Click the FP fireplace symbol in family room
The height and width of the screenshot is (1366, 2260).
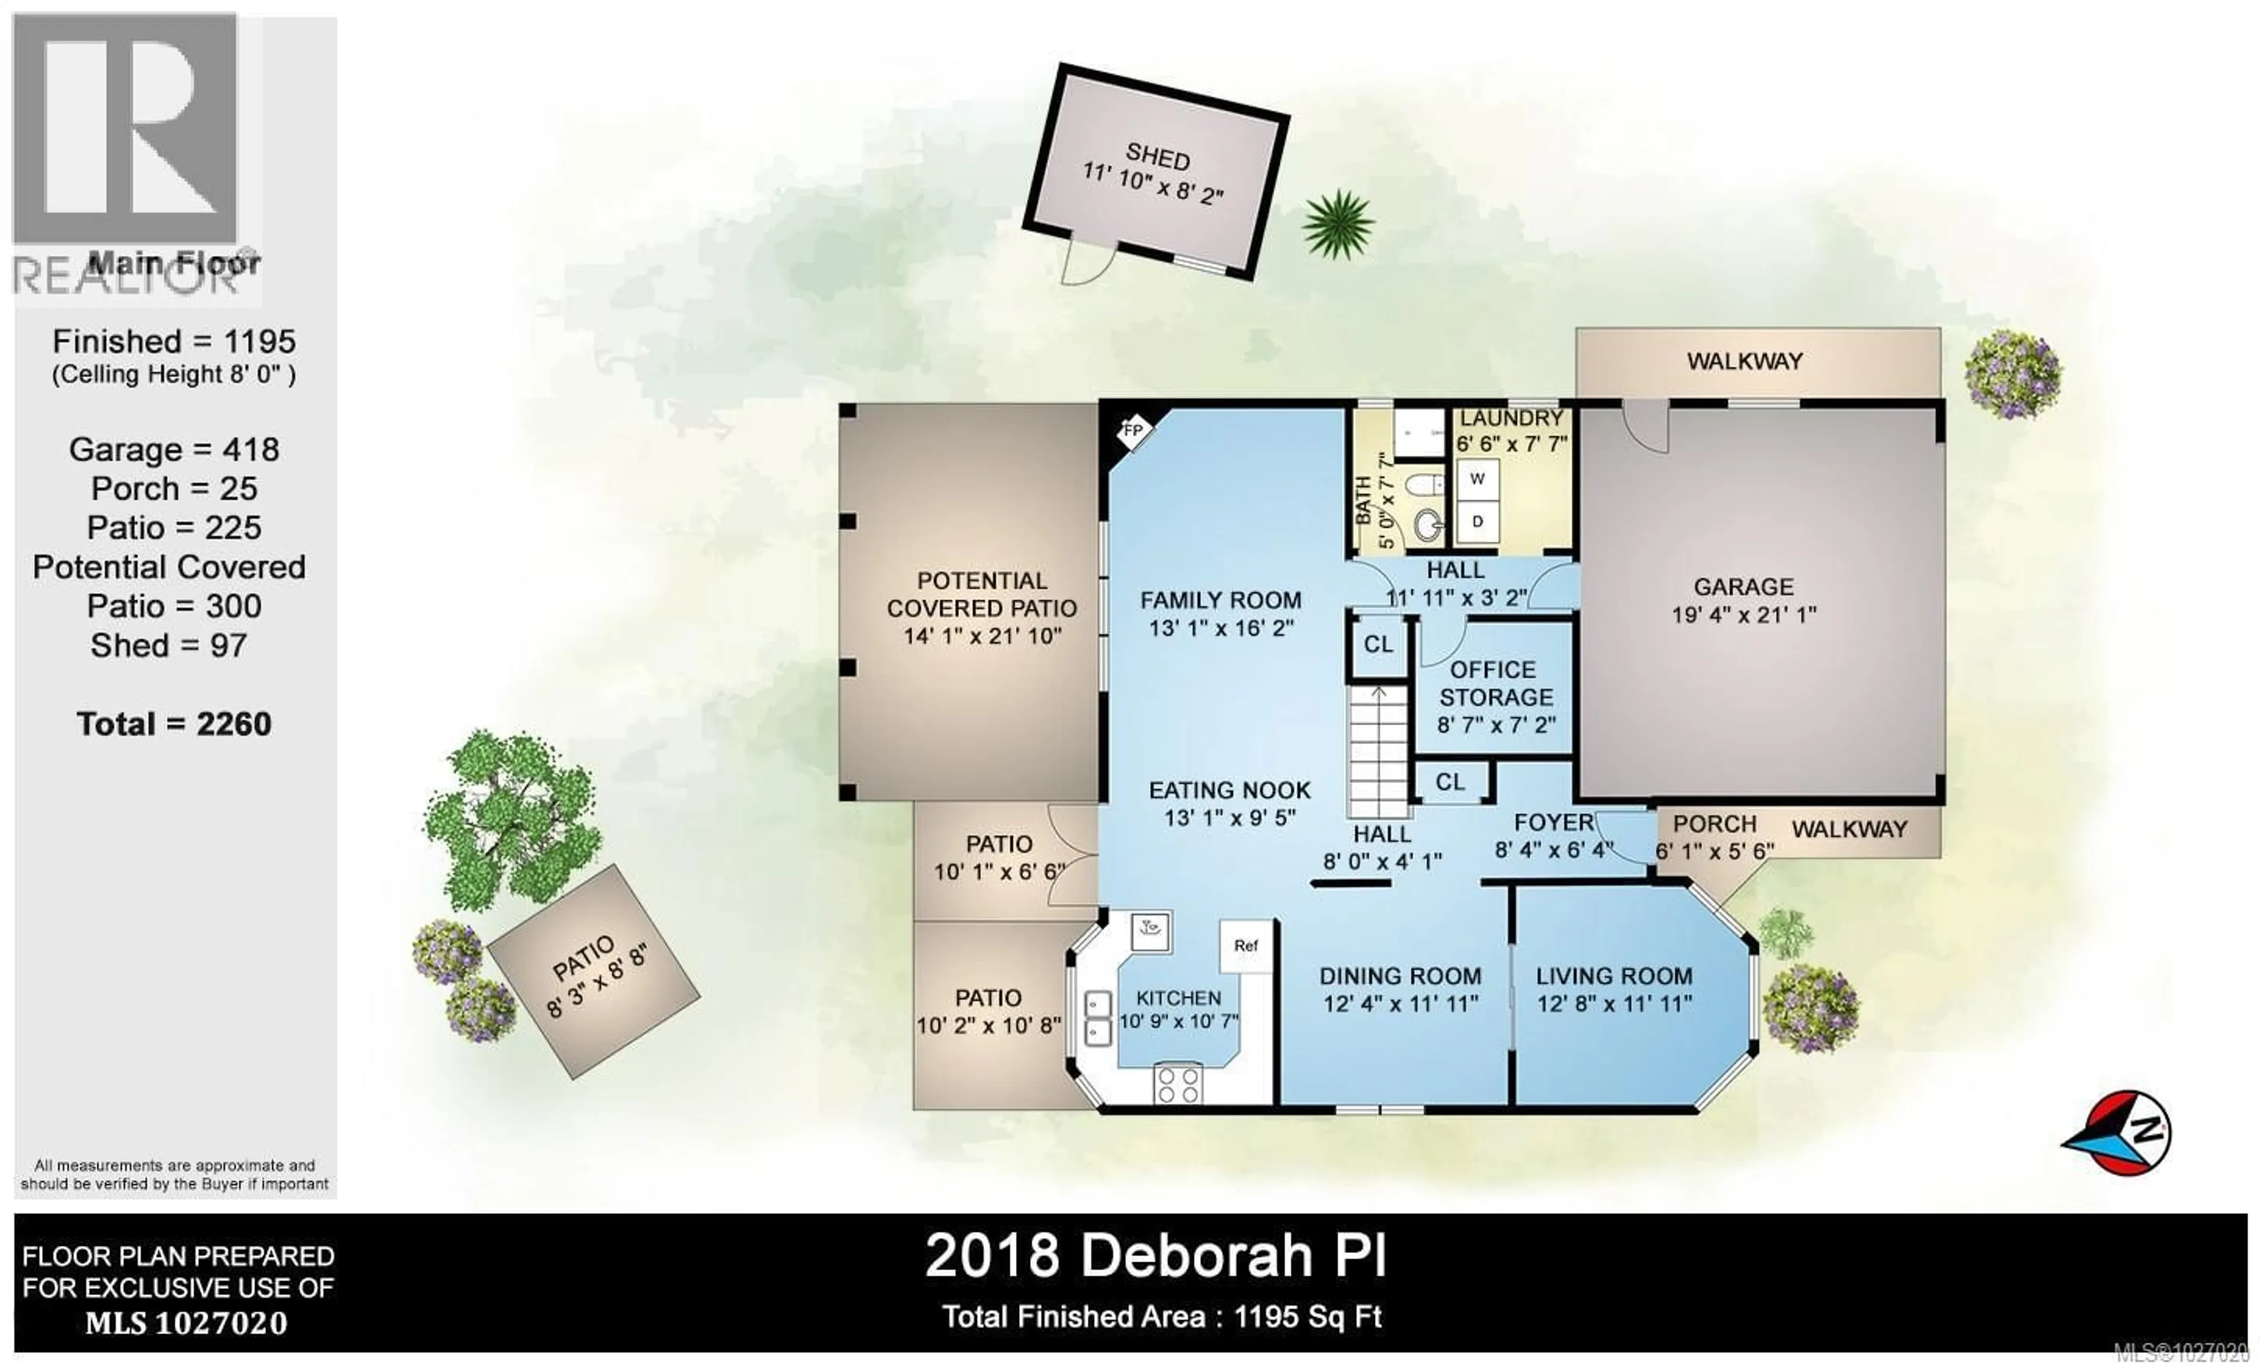[1134, 429]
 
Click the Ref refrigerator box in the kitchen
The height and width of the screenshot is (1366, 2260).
[1245, 946]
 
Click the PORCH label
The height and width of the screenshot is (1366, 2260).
[1714, 824]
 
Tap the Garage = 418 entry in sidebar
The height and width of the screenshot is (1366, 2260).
[174, 449]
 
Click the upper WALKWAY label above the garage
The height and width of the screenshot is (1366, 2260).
[1744, 362]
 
